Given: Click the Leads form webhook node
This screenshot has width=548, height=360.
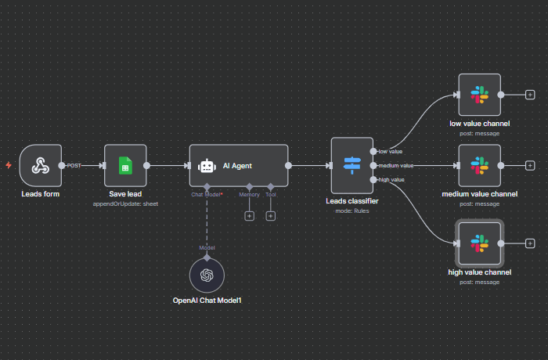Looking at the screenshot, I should coord(41,165).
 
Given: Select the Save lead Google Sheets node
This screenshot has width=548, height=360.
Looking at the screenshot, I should coord(124,165).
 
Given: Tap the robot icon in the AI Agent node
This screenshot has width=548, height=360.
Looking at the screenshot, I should coord(207,165).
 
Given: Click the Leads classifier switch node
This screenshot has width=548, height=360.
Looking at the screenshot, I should coord(352,165).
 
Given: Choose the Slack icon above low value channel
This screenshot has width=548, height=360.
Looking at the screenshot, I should coord(478,95).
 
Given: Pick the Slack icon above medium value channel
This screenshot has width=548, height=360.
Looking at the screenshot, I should coord(478,165).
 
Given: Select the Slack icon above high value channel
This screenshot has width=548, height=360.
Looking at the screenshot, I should coord(478,243).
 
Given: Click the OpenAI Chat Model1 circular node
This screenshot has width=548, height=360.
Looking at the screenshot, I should coord(207,275).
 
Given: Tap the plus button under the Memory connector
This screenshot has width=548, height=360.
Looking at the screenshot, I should coord(249,215).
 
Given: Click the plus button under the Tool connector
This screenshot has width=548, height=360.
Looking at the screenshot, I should coord(270,215).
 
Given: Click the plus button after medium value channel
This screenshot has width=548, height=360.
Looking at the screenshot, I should coord(530,165).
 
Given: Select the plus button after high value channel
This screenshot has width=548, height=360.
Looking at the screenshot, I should coord(530,243).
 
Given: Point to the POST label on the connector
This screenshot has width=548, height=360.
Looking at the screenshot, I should coord(74,165).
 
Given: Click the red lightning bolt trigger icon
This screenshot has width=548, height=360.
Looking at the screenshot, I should coord(9,165).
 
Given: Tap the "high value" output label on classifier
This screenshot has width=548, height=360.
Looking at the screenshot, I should coord(391,180).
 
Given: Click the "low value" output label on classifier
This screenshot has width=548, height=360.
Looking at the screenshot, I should coord(390,151).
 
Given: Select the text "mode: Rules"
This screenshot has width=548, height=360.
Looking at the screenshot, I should coord(352,211).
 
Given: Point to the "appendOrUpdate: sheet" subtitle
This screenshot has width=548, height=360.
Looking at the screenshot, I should coord(124,203).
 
